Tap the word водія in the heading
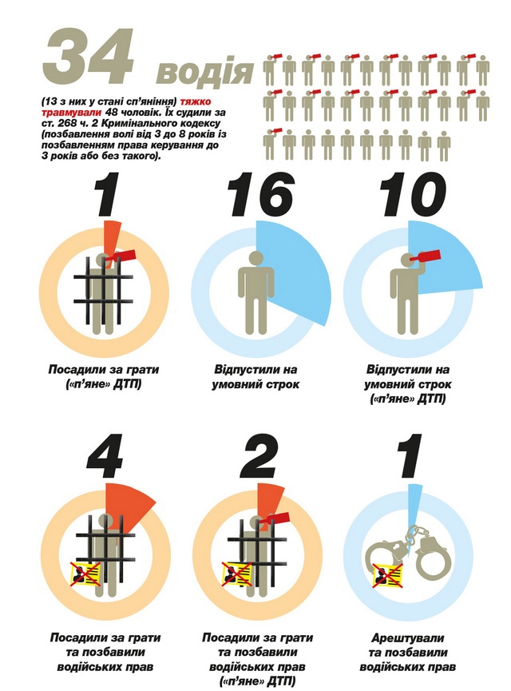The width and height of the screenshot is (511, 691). point(205,72)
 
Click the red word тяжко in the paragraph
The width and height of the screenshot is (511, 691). point(195,101)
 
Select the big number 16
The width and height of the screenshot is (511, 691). point(260,194)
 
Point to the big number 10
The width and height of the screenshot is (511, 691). point(412,194)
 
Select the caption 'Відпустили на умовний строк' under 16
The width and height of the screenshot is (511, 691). point(255,377)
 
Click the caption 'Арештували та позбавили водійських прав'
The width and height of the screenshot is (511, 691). point(408,652)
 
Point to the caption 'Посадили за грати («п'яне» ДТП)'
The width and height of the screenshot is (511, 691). point(104,377)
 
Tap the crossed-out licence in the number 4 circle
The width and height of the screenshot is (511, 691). point(86,574)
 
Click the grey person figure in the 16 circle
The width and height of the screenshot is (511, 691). point(256,292)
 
